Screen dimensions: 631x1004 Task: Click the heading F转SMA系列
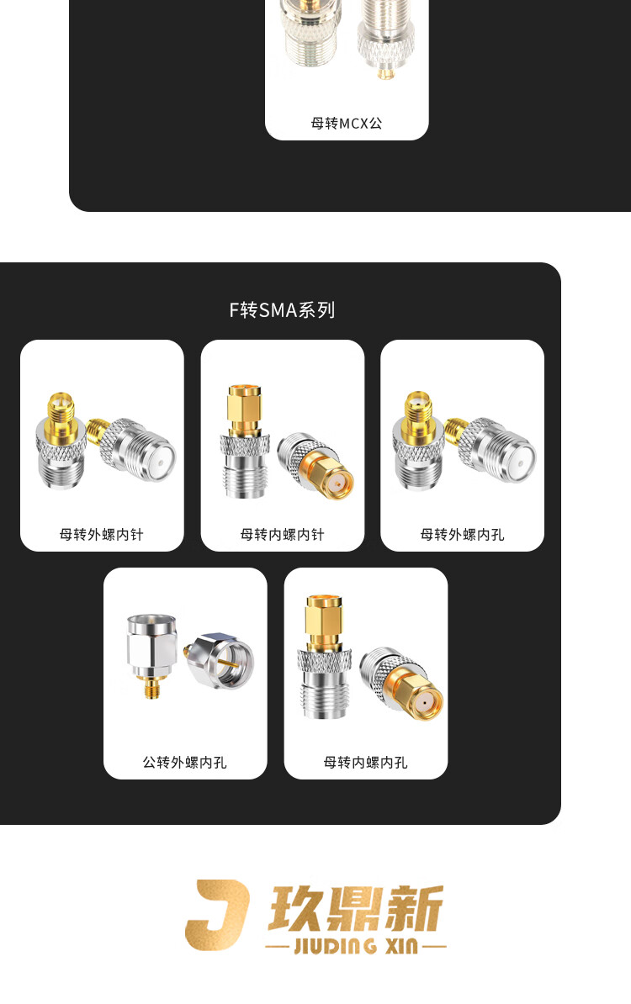(x=282, y=310)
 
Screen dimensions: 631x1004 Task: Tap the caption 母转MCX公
(x=347, y=123)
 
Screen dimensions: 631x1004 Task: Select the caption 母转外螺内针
(x=101, y=534)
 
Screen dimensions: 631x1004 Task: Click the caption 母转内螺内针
(x=282, y=534)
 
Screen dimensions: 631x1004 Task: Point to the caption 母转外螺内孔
(x=462, y=534)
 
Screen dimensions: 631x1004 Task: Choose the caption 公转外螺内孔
(x=184, y=762)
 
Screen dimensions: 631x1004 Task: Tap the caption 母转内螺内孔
(x=365, y=762)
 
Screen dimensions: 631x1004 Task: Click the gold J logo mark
(x=216, y=914)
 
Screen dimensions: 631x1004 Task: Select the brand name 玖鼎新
(x=356, y=908)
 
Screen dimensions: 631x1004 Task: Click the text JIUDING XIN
(x=356, y=946)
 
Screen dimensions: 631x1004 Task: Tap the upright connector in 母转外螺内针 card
(x=61, y=441)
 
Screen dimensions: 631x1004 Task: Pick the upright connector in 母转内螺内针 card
(x=243, y=441)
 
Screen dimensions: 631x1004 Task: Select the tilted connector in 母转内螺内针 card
(x=315, y=465)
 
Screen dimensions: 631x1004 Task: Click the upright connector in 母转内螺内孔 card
(x=324, y=657)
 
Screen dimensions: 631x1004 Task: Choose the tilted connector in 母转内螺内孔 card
(x=401, y=683)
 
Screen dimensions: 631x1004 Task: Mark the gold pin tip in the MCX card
(x=385, y=74)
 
